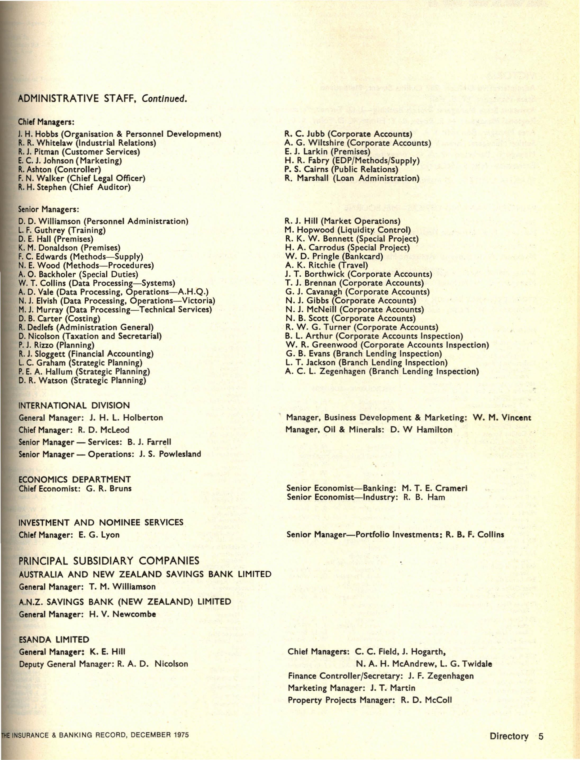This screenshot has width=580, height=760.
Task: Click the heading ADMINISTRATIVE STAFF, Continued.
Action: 103,99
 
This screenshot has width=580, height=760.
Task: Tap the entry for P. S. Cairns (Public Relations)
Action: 341,169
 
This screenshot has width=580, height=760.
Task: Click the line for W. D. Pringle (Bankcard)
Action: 334,257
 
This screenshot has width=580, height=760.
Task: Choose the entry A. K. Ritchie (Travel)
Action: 326,265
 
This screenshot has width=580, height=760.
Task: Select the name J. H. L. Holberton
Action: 126,418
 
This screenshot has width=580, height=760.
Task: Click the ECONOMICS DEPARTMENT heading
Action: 75,480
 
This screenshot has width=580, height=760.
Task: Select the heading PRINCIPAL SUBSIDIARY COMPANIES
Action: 109,560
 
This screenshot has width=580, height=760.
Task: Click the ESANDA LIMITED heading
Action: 54,640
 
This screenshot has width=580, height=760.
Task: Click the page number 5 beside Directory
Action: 541,736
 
